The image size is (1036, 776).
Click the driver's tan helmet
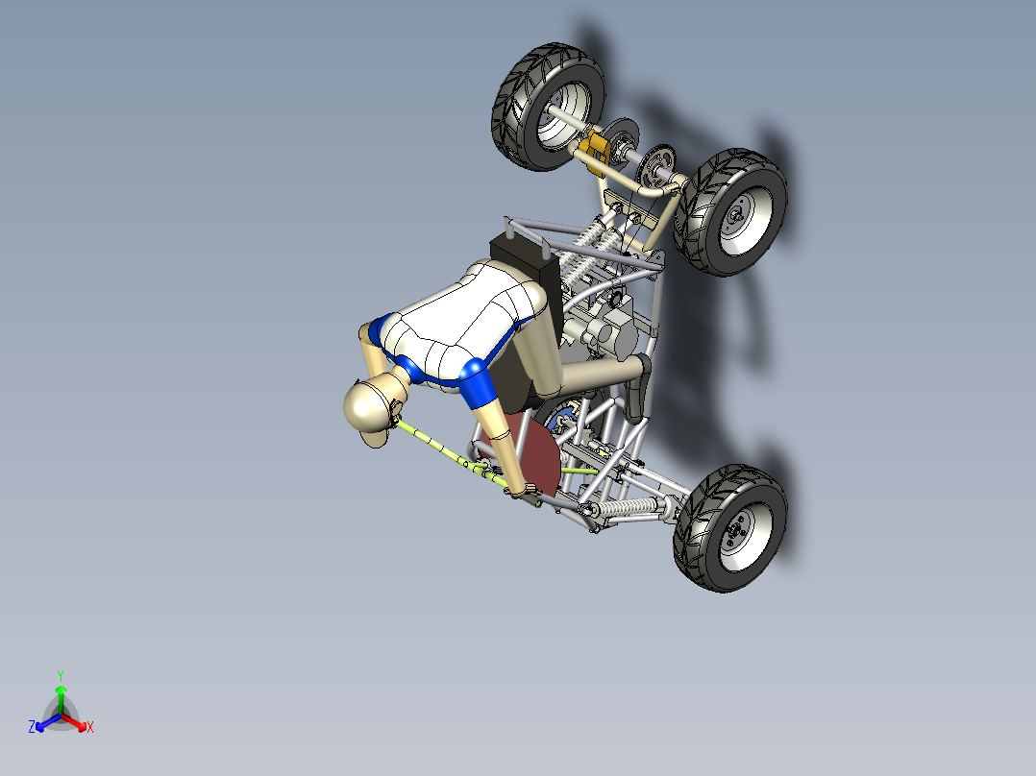pyautogui.click(x=369, y=407)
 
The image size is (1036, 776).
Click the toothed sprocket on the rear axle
pyautogui.click(x=656, y=165)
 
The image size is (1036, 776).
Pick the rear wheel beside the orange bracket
pyautogui.click(x=549, y=106)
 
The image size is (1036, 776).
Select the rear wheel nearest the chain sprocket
pyautogui.click(x=730, y=211)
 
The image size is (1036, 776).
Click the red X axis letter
pyautogui.click(x=90, y=728)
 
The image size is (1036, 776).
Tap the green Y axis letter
pyautogui.click(x=61, y=675)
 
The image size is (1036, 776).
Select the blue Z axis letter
pyautogui.click(x=32, y=728)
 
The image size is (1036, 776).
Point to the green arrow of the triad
pyautogui.click(x=61, y=695)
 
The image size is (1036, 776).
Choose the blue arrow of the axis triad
pyautogui.click(x=43, y=723)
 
